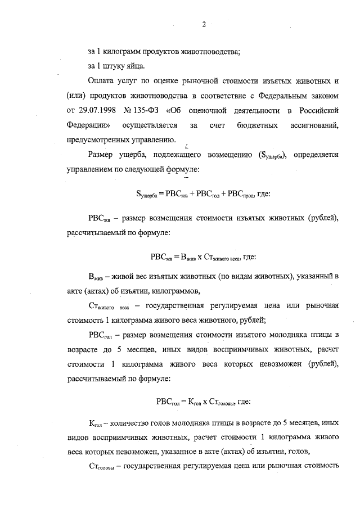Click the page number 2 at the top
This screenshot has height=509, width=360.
(x=205, y=24)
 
